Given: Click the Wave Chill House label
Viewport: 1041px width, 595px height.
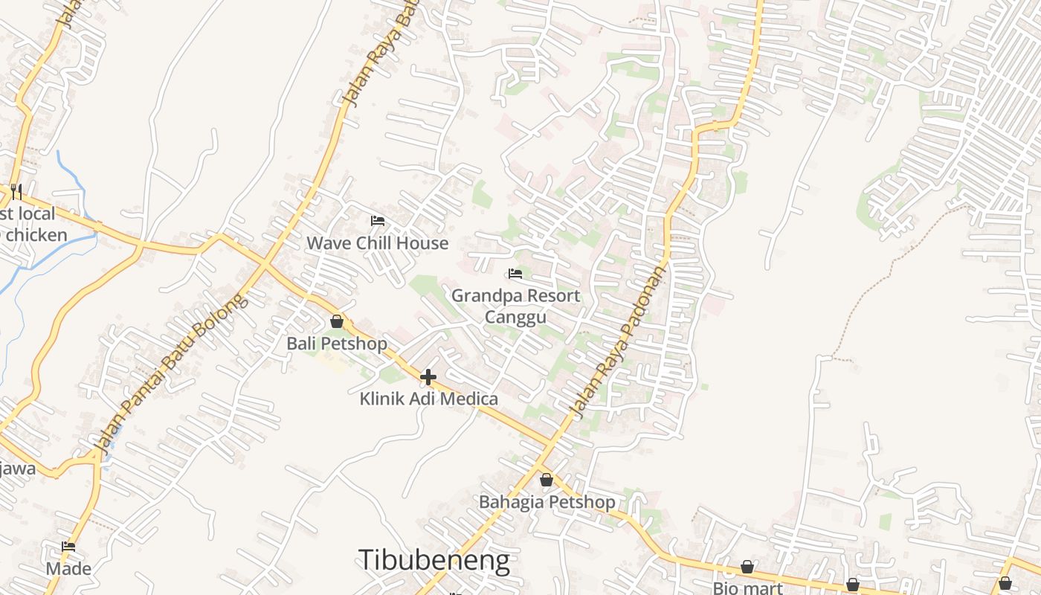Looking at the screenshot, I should [x=377, y=243].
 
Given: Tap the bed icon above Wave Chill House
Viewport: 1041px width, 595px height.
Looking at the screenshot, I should [x=377, y=221].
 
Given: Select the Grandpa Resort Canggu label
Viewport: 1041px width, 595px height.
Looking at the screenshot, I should [x=515, y=306].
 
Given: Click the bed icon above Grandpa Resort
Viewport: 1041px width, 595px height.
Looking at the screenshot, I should [x=515, y=274].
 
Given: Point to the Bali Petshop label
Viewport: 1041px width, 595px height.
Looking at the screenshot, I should [x=337, y=344].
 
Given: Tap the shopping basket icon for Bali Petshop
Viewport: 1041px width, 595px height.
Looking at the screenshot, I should [x=337, y=321].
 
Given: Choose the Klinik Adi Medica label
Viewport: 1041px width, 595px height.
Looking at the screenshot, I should [x=428, y=399].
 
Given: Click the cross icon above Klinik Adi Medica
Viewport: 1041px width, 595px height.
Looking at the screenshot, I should [x=428, y=377].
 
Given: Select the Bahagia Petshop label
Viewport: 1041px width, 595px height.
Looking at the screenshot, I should [x=547, y=502].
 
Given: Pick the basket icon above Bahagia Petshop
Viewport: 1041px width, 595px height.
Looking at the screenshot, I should [x=547, y=480].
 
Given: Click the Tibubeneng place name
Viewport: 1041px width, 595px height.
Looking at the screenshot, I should [x=434, y=560].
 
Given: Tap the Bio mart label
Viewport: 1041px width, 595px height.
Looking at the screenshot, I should [x=747, y=588].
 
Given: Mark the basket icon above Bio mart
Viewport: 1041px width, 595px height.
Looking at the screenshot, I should [x=747, y=567].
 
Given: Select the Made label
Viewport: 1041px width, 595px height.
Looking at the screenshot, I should [x=68, y=569].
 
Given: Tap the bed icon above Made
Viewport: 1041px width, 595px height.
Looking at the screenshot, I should [x=68, y=547].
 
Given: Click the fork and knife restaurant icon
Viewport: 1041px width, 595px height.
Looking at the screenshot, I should [x=16, y=192].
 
